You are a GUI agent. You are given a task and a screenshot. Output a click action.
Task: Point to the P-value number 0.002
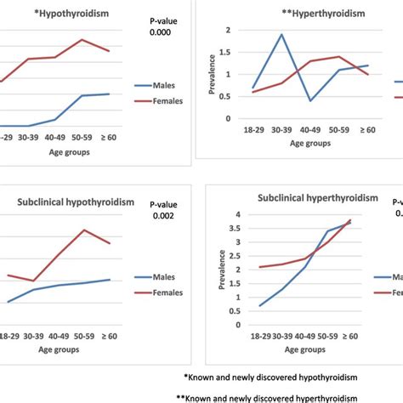[162, 216]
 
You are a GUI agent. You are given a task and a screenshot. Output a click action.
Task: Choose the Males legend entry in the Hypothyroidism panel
[164, 86]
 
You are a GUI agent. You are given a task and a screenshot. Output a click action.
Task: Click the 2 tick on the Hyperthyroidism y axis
[227, 30]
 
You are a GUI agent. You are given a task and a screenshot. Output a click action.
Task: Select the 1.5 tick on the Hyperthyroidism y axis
[224, 53]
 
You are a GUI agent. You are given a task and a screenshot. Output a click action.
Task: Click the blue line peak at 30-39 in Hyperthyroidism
[281, 34]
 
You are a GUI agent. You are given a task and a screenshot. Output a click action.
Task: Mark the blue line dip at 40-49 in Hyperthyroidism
[310, 100]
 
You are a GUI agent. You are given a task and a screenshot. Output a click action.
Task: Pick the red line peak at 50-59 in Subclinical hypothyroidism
[83, 230]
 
